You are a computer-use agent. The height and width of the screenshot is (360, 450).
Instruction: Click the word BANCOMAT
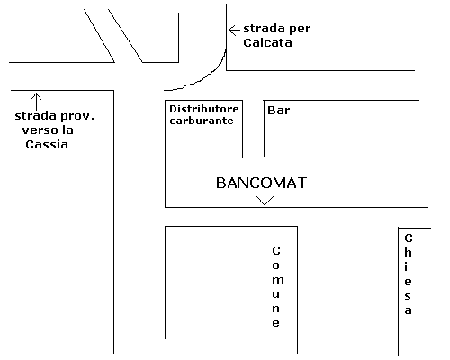tap(261, 183)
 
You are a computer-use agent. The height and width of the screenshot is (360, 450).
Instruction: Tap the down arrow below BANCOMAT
tap(265, 200)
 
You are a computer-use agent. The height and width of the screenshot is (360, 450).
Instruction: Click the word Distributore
tap(204, 109)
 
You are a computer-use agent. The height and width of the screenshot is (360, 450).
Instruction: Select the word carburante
tap(202, 121)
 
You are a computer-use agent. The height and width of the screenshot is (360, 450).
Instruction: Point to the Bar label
tap(279, 111)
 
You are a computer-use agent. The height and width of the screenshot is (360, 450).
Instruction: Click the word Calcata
tap(267, 42)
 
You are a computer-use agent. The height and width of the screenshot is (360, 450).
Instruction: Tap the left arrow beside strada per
tap(234, 31)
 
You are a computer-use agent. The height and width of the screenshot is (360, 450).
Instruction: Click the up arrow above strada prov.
tap(36, 102)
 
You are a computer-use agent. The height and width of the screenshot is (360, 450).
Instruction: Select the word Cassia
tap(47, 145)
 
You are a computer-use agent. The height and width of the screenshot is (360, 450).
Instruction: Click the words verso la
tap(48, 130)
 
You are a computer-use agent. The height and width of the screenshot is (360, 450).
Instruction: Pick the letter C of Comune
tap(276, 250)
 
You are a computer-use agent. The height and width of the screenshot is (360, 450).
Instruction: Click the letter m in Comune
tap(278, 280)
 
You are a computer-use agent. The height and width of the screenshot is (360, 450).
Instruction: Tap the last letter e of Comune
tap(275, 323)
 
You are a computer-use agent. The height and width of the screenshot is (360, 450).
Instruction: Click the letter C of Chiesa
tap(409, 238)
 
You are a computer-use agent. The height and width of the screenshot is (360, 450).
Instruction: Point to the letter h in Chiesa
tap(408, 252)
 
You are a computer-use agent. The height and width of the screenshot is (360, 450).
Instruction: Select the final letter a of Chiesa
tap(408, 310)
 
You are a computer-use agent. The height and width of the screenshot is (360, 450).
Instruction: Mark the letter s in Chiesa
tap(408, 296)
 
